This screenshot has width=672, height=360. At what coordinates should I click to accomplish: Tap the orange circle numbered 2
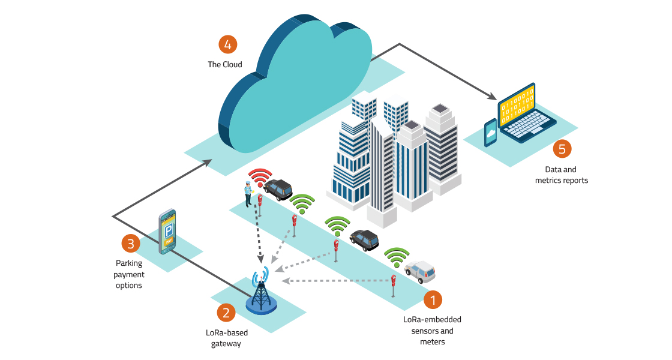coord(226,312)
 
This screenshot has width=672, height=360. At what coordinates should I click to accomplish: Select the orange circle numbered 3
coord(131,244)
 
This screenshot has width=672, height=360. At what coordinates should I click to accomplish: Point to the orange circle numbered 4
coord(227,44)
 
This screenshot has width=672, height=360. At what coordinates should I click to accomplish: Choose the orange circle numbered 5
coord(562,149)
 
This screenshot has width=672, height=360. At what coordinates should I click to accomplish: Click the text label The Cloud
coord(225,64)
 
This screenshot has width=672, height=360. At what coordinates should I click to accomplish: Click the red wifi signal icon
coord(260,178)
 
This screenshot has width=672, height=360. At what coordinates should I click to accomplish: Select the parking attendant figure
coord(247,193)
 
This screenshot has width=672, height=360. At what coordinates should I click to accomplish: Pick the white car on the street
coord(420,272)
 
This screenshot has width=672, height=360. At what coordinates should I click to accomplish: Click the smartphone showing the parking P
coord(167,232)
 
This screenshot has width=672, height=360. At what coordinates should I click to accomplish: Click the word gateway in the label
coord(225,344)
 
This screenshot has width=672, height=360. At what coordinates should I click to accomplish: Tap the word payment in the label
coord(130,274)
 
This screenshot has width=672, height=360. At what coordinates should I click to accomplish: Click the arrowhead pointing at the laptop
coord(492,97)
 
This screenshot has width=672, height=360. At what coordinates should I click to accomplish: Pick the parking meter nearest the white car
coord(393,283)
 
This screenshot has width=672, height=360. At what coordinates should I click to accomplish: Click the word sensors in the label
coord(424,331)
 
